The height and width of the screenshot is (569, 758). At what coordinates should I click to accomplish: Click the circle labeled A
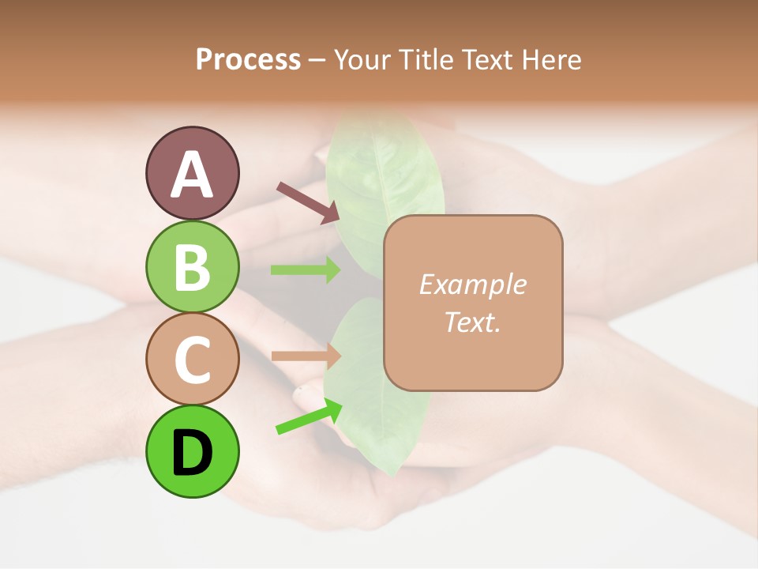pos(192,173)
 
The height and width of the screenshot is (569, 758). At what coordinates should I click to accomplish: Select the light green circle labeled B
pos(192,266)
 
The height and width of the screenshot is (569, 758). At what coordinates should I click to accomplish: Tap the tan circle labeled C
pos(192,359)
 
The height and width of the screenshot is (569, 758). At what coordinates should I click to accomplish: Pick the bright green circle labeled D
pos(192,451)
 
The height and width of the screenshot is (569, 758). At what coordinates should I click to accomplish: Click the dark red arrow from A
pos(308,202)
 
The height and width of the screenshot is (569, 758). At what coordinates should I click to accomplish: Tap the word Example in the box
pos(472,284)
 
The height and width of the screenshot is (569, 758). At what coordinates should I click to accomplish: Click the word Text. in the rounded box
pos(472,322)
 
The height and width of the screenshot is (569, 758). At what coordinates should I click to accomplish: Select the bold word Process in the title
pos(248,59)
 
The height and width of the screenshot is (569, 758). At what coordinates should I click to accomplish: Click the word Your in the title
pos(361,59)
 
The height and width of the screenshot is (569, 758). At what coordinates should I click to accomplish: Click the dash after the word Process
pos(317,60)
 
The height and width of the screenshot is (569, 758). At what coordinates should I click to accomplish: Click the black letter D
pos(192,453)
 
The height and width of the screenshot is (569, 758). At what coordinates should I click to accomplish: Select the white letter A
pos(192,174)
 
